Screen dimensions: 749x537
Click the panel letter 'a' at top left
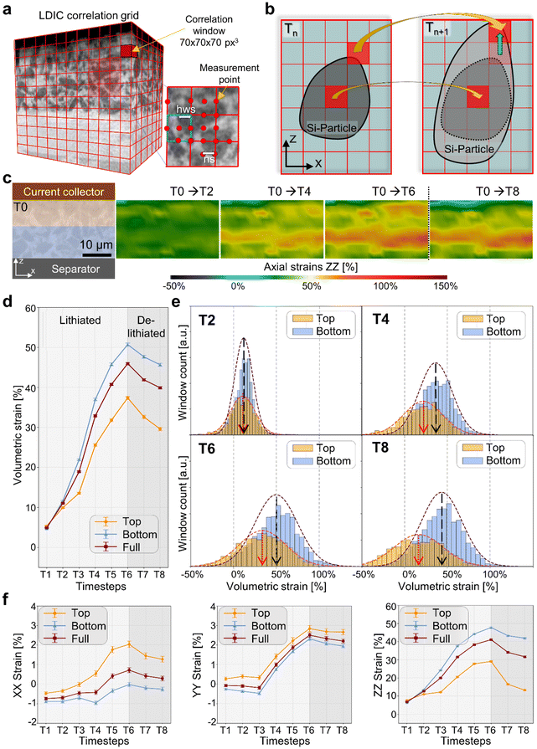(9, 8)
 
